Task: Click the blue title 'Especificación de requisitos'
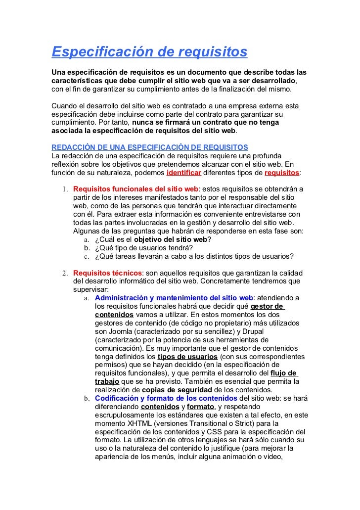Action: point(149,51)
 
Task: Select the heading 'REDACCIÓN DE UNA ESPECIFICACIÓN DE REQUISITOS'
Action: point(150,148)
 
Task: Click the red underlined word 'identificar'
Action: point(184,173)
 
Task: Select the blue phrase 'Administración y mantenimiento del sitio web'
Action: point(174,298)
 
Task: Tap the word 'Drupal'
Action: point(253,331)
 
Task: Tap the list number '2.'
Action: point(65,274)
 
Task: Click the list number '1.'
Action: point(65,189)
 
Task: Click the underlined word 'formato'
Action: point(200,407)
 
